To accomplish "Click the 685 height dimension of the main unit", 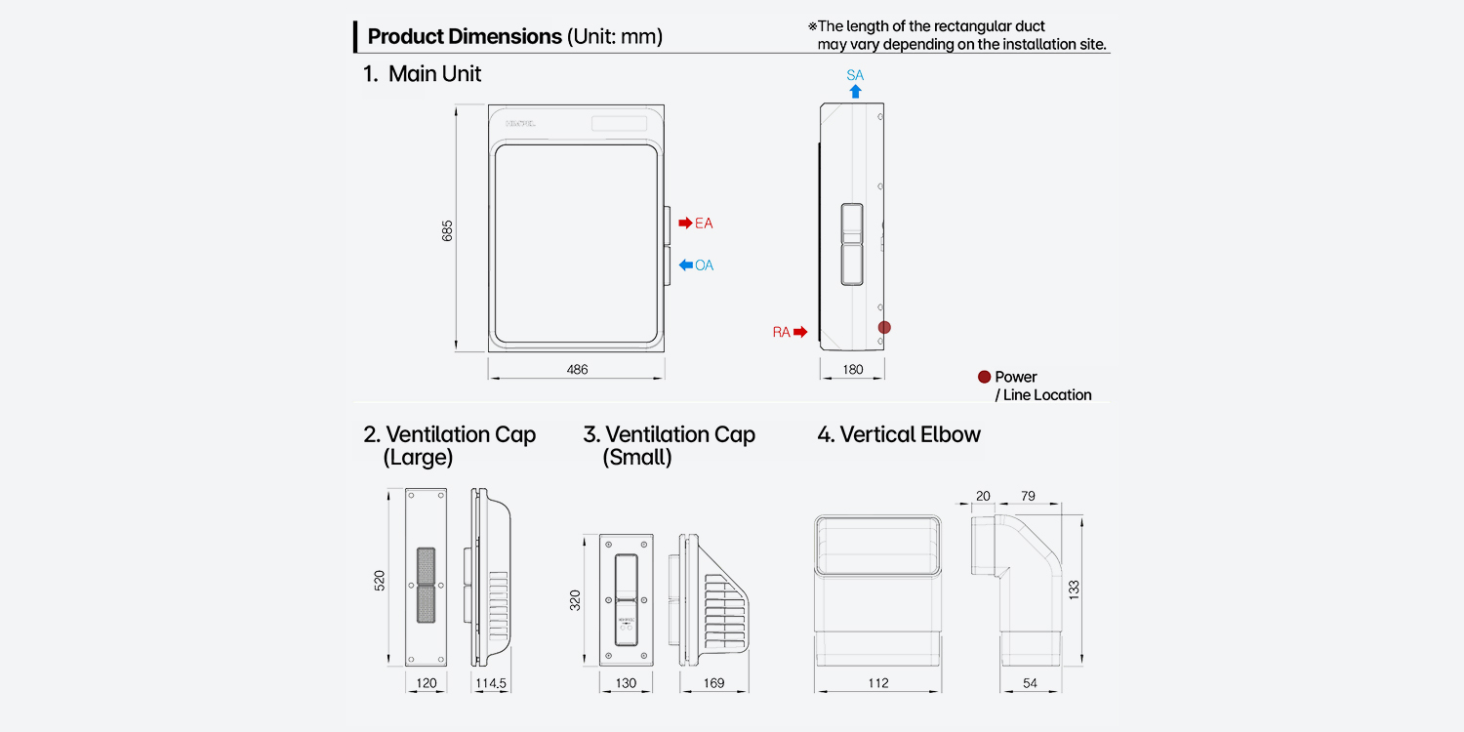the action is tap(447, 230).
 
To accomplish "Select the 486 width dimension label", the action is tap(577, 369).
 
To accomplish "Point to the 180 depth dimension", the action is tap(853, 369).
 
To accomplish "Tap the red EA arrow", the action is tap(685, 223).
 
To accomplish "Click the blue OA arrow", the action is tap(685, 264).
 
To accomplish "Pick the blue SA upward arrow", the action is tap(856, 92).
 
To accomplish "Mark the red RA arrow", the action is tap(800, 332).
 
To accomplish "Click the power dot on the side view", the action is tap(884, 327).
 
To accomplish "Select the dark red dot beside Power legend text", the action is tap(984, 377).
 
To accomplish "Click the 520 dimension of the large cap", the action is tap(380, 581).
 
